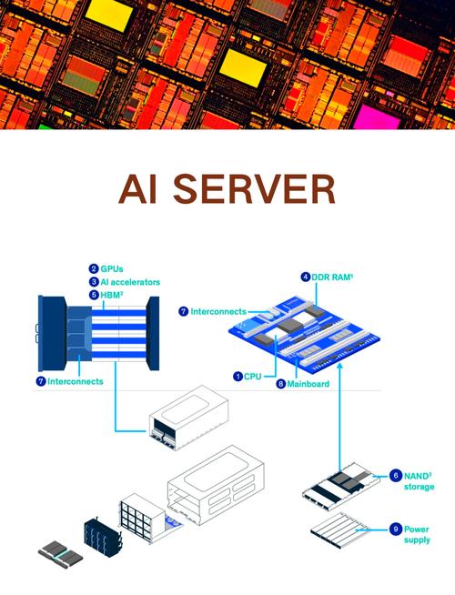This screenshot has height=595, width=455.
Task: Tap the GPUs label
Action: pyautogui.click(x=112, y=269)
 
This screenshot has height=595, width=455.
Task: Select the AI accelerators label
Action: pyautogui.click(x=130, y=282)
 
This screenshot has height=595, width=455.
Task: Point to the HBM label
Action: pyautogui.click(x=112, y=295)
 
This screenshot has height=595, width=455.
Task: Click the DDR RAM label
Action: pyautogui.click(x=332, y=277)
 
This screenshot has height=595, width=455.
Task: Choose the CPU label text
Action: pyautogui.click(x=253, y=377)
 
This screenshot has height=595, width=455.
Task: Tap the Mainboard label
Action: pyautogui.click(x=308, y=384)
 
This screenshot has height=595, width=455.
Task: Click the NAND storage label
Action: pyautogui.click(x=419, y=481)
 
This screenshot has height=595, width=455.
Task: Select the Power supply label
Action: pyautogui.click(x=417, y=534)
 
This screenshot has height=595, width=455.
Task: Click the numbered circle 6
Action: pyautogui.click(x=396, y=476)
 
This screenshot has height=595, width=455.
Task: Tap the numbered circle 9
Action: pyautogui.click(x=396, y=529)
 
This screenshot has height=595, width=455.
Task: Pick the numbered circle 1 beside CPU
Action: pyautogui.click(x=238, y=377)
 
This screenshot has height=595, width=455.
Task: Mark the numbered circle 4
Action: pyautogui.click(x=306, y=277)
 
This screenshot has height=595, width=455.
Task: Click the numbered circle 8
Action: pyautogui.click(x=281, y=384)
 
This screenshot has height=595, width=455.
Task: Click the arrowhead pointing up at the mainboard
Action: pyautogui.click(x=340, y=365)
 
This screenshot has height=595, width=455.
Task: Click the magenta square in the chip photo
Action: pyautogui.click(x=378, y=117)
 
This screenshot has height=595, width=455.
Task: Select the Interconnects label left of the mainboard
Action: pyautogui.click(x=218, y=311)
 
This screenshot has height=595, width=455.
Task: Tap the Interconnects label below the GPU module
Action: pyautogui.click(x=76, y=381)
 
